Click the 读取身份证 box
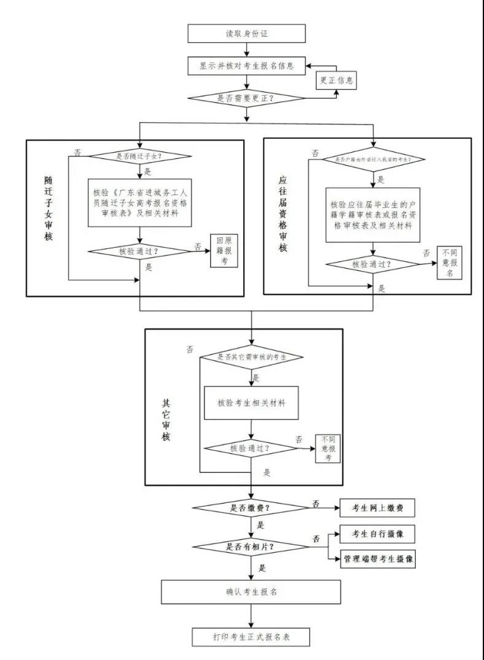246,33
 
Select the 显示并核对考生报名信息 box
246,66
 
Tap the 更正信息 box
336,80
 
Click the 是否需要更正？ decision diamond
246,98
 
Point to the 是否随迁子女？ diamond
142,156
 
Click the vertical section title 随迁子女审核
49,209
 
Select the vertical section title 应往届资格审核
283,214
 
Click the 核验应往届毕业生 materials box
373,214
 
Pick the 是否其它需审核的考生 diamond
252,356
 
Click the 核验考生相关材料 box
251,403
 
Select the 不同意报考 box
328,448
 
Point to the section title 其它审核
166,420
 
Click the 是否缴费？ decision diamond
251,508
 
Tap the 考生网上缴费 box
378,508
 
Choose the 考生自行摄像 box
378,534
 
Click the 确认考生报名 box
251,592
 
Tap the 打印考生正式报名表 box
251,637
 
